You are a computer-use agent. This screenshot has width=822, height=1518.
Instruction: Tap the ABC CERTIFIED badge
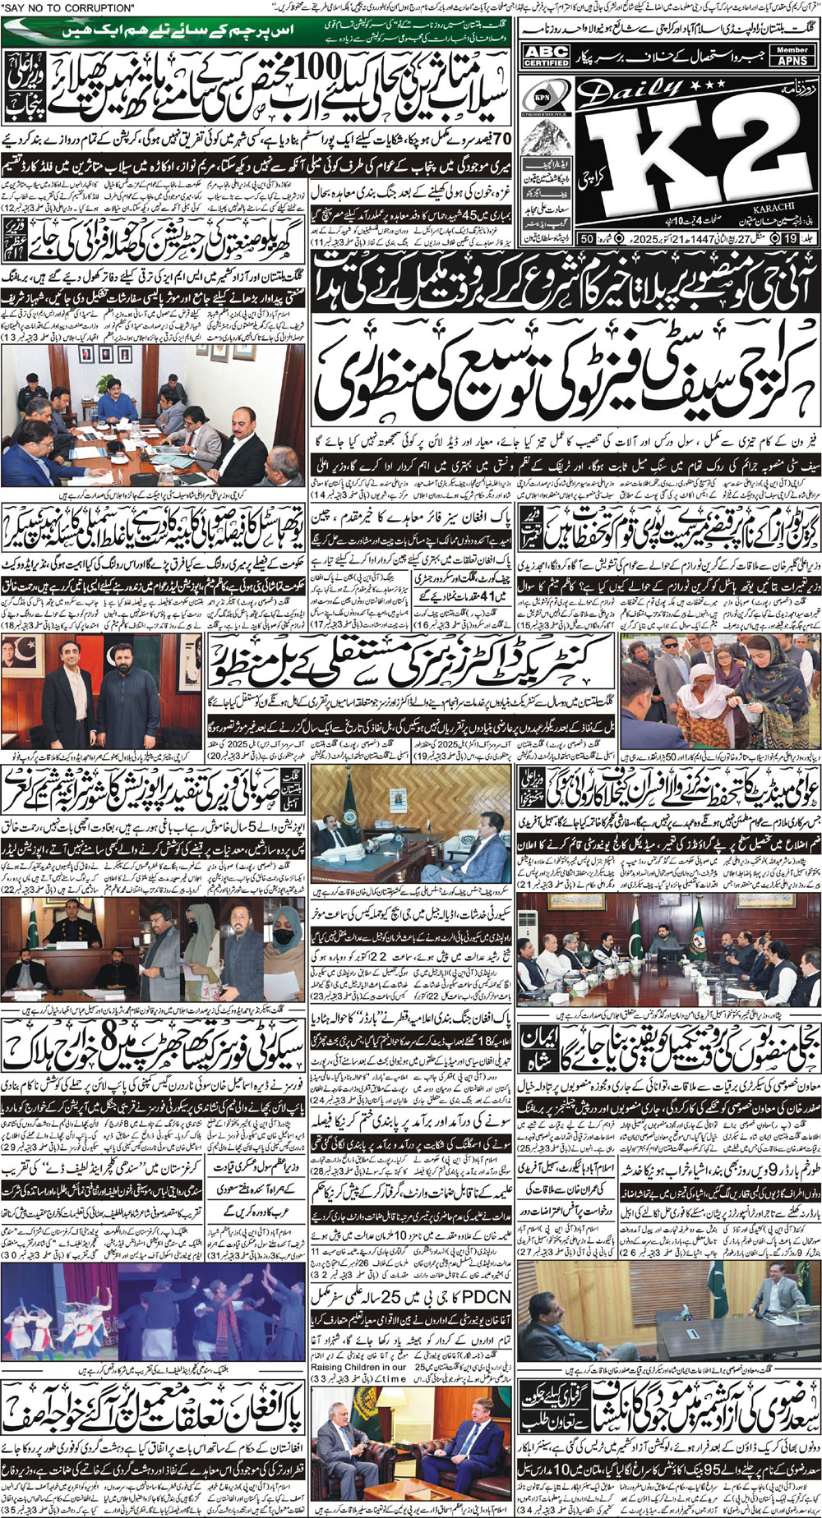click(x=547, y=56)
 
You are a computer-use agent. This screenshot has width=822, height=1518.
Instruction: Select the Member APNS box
click(x=792, y=55)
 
